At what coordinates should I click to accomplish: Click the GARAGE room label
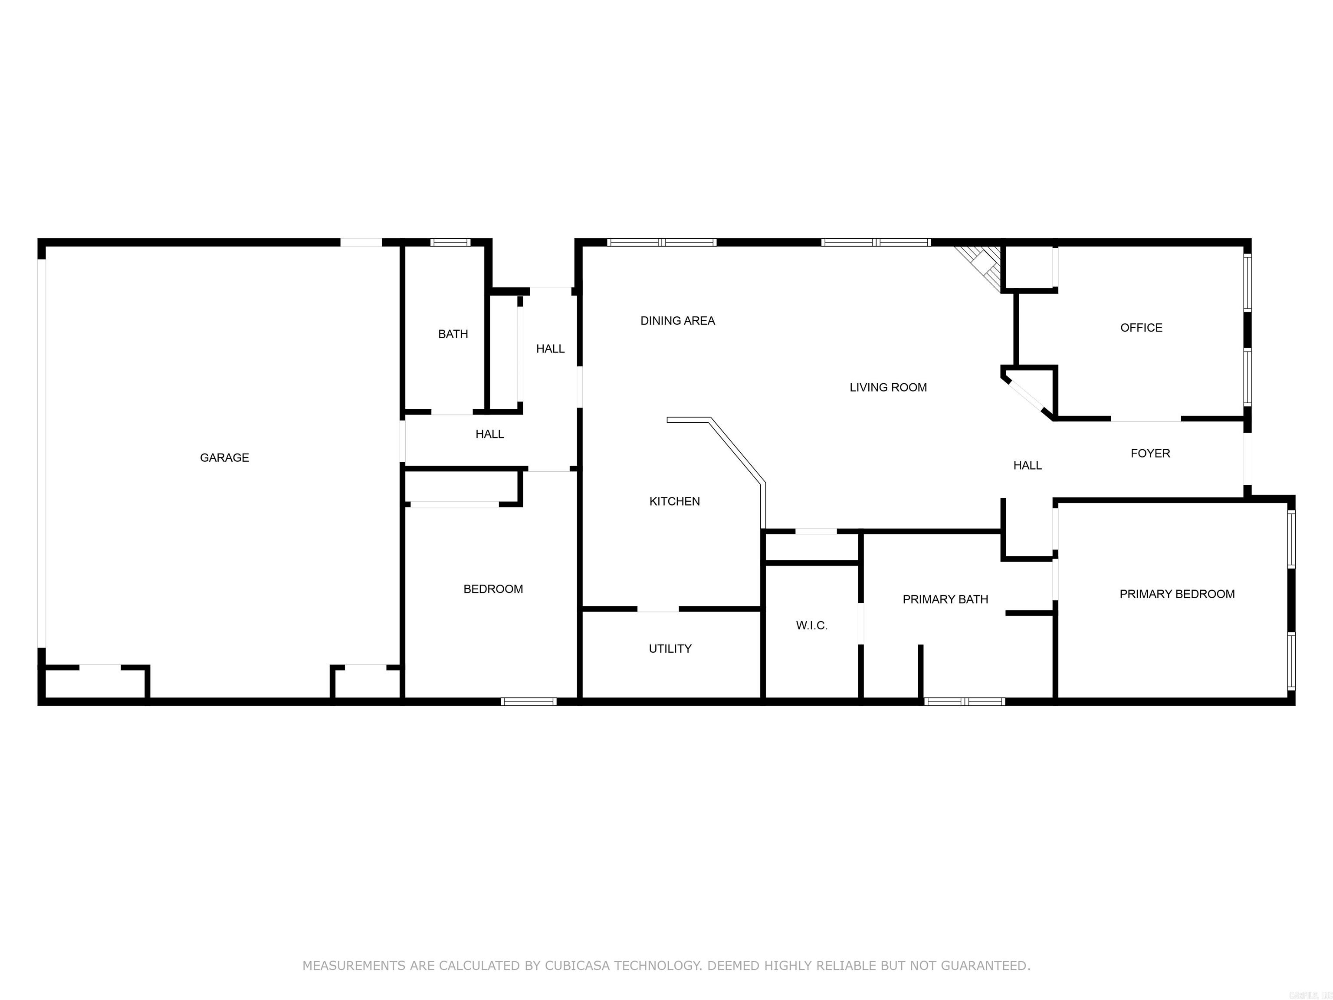[x=224, y=457]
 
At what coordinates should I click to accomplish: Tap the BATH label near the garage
[x=453, y=334]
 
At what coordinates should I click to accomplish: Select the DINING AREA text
[x=677, y=321]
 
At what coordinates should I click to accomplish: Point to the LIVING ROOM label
[x=888, y=388]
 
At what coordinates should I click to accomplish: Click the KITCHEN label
[x=674, y=501]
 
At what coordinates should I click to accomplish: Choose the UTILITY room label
[x=670, y=648]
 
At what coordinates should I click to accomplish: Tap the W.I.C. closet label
[x=811, y=626]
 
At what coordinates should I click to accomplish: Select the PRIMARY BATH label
[x=945, y=599]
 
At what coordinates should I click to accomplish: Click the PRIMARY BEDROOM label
[x=1176, y=594]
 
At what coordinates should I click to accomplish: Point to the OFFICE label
[x=1141, y=328]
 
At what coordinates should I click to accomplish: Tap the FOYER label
[x=1150, y=453]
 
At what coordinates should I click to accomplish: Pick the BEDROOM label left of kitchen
[x=492, y=589]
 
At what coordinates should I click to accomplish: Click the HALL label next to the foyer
[x=1027, y=465]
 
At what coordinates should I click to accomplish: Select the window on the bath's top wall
[x=450, y=242]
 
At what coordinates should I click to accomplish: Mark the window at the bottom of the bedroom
[x=529, y=701]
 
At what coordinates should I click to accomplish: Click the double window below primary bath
[x=964, y=701]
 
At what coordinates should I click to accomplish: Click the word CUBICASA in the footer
[x=577, y=966]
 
